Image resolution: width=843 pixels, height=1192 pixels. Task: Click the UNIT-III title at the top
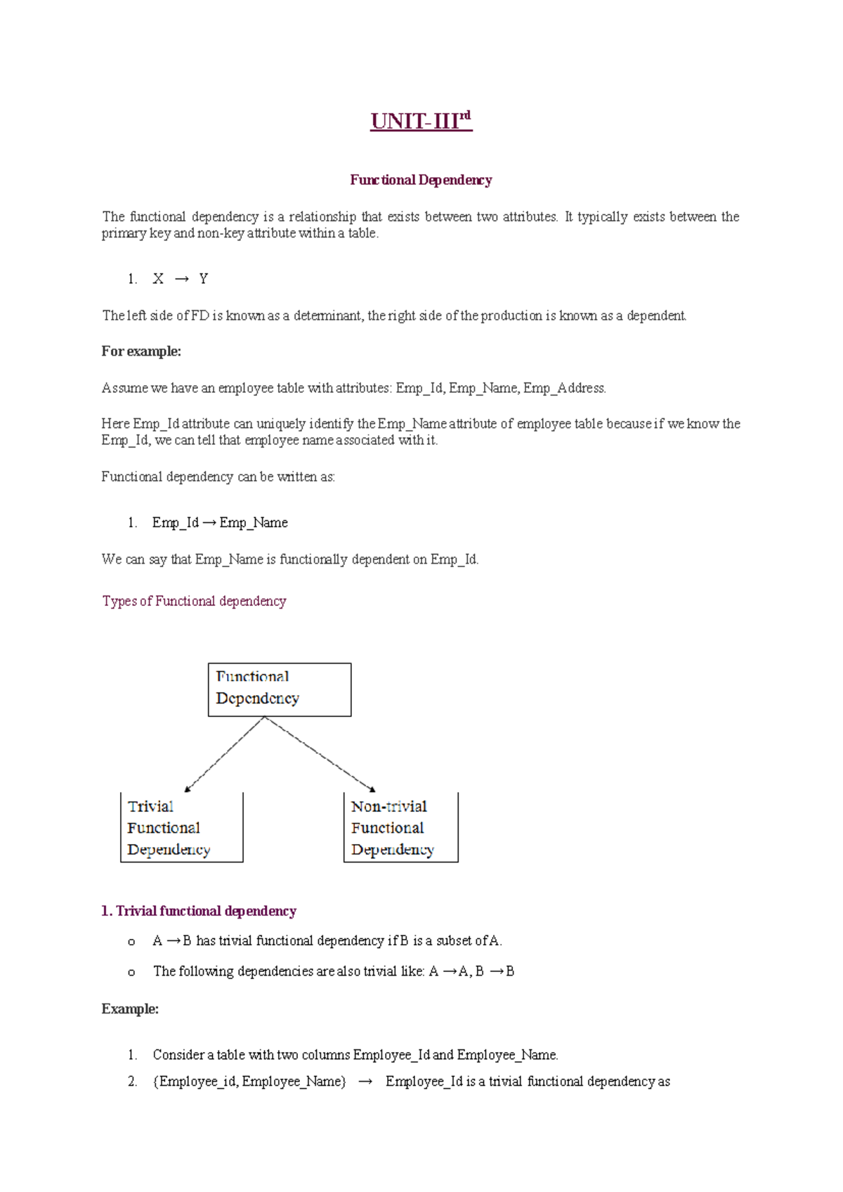pyautogui.click(x=421, y=121)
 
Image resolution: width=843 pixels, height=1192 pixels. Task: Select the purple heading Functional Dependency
pyautogui.click(x=421, y=180)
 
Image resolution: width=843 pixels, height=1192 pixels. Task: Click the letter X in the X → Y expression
pyautogui.click(x=158, y=279)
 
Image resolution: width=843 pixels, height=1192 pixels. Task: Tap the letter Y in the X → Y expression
pyautogui.click(x=203, y=279)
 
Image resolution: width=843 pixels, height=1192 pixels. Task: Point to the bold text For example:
pyautogui.click(x=141, y=351)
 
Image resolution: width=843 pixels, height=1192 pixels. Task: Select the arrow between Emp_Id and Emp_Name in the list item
pyautogui.click(x=209, y=523)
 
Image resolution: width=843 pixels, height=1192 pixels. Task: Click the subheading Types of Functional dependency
pyautogui.click(x=194, y=601)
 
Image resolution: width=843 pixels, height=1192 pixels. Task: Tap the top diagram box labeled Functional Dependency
pyautogui.click(x=280, y=689)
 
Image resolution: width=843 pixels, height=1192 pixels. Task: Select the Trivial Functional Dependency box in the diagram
pyautogui.click(x=182, y=827)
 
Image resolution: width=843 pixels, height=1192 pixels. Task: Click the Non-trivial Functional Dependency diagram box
pyautogui.click(x=400, y=827)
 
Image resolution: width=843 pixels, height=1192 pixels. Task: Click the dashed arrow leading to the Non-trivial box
pyautogui.click(x=320, y=755)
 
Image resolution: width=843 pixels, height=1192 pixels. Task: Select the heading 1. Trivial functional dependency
pyautogui.click(x=199, y=911)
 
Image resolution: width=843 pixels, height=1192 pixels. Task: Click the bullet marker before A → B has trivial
pyautogui.click(x=131, y=942)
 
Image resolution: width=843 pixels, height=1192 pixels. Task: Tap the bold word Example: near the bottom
pyautogui.click(x=130, y=1009)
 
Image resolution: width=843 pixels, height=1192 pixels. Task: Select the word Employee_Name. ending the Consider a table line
pyautogui.click(x=507, y=1055)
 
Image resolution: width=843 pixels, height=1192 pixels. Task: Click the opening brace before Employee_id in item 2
pyautogui.click(x=155, y=1082)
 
